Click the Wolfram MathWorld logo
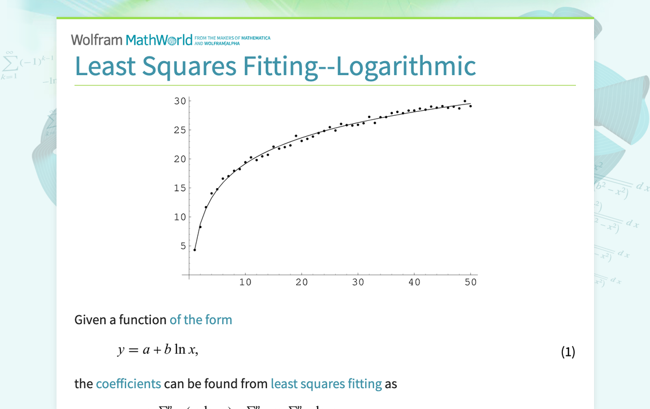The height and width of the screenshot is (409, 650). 132,40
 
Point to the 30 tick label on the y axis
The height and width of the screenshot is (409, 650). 180,101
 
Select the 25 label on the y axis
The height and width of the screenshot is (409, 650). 180,130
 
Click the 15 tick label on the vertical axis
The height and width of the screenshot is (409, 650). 180,188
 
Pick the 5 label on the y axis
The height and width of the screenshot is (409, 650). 183,246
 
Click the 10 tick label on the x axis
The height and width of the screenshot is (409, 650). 245,282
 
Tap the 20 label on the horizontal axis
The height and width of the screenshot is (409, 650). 302,282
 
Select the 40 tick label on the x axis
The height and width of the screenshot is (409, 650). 414,282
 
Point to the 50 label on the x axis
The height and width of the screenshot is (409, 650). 471,282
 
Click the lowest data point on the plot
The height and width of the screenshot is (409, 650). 194,250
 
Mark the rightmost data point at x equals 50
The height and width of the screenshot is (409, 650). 470,106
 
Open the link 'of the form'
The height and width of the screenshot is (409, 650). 201,320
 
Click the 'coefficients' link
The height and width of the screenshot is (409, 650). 128,384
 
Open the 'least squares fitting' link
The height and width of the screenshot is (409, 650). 326,384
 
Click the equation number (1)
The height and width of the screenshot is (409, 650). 567,352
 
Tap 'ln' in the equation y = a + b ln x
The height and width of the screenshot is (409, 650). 180,350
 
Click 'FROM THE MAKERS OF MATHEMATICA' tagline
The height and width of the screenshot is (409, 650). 232,38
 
